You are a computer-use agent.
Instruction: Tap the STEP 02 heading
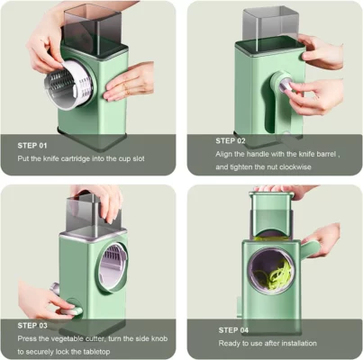tap(231, 140)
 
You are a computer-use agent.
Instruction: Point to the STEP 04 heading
tap(231, 329)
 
